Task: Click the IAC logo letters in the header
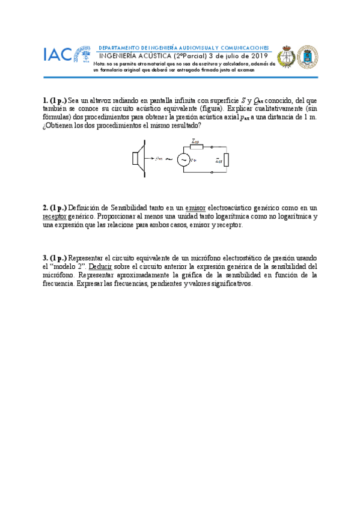[58, 55]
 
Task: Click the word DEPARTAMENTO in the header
[118, 47]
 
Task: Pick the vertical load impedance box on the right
[226, 160]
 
